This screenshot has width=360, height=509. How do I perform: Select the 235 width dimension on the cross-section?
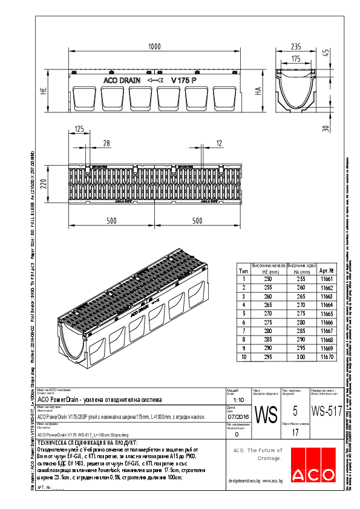[295, 47]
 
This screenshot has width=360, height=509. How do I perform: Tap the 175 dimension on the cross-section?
[295, 59]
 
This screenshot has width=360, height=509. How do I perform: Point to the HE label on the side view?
[44, 91]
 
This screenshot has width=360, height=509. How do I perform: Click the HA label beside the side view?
[258, 91]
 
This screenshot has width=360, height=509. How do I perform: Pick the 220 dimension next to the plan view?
[44, 184]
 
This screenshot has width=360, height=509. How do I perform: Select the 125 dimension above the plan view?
[79, 129]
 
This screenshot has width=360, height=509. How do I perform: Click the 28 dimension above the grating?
[106, 143]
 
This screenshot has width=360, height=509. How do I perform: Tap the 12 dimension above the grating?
[218, 143]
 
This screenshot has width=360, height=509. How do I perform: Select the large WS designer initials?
[266, 415]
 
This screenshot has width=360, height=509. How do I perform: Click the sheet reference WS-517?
[326, 412]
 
